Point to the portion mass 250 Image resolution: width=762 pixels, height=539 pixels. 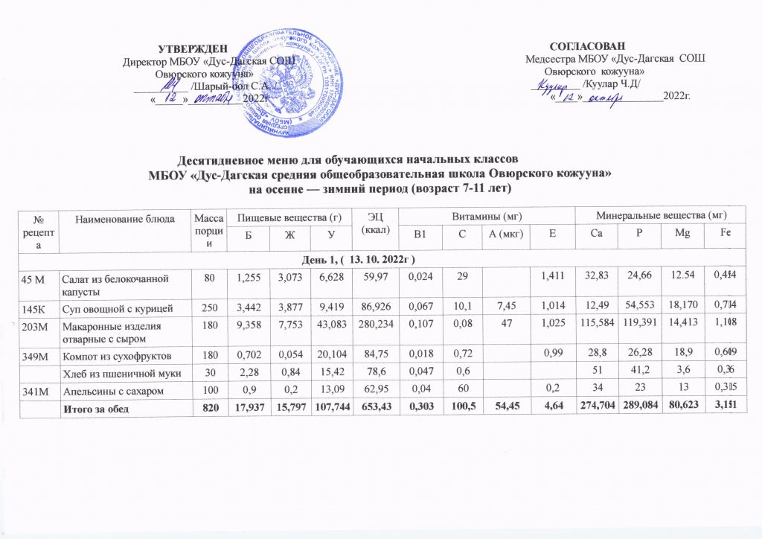202,305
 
